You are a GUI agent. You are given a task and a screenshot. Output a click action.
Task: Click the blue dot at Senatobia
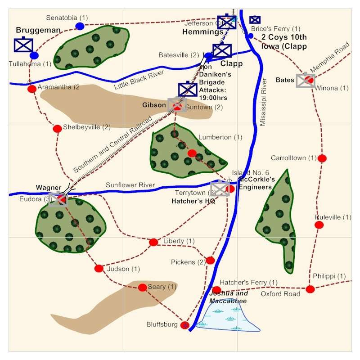tap(80, 26)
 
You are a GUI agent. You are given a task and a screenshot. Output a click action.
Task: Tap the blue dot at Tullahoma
tap(34, 55)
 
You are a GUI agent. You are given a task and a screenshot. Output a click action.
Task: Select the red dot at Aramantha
tap(32, 89)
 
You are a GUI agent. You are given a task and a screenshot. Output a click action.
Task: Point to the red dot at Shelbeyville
tap(57, 129)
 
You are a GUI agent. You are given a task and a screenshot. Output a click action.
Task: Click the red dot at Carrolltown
tap(322, 158)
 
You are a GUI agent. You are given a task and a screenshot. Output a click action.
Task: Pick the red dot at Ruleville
tap(319, 225)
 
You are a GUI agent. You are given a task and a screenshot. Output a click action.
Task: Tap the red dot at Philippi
tap(310, 289)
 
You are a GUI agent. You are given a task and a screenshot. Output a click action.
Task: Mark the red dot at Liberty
tap(153, 242)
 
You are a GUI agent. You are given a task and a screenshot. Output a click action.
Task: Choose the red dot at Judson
tap(99, 269)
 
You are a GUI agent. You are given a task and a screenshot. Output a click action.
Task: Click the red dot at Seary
tap(142, 287)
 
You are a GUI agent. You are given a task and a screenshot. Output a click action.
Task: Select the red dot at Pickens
tap(210, 260)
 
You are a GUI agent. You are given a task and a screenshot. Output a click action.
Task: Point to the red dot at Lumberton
tap(192, 153)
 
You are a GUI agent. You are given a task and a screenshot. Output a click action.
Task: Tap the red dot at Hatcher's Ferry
tap(216, 290)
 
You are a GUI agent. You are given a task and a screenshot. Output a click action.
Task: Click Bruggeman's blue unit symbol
tap(23, 45)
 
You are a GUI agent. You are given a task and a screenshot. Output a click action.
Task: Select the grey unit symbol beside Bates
tap(306, 80)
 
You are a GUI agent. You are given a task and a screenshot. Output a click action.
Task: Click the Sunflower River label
tap(130, 185)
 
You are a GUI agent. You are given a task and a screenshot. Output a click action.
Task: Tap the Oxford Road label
tap(280, 294)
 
